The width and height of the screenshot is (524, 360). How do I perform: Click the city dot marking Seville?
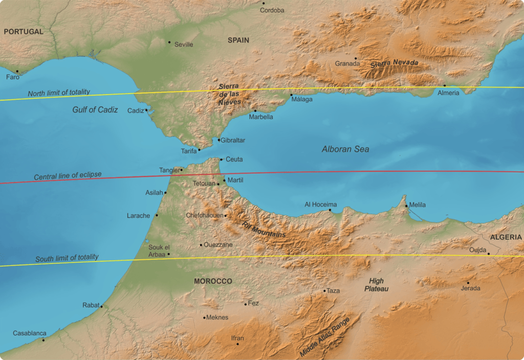coord(169,42)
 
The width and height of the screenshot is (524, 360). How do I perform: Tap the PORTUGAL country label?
coord(24,32)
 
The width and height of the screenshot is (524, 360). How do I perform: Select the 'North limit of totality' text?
coord(59,93)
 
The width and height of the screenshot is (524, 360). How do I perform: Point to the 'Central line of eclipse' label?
coord(68,175)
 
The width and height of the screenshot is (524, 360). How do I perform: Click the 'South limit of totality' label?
coord(67,258)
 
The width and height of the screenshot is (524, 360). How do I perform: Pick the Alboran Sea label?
coord(345,149)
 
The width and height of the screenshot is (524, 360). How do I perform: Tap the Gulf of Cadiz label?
coord(95,109)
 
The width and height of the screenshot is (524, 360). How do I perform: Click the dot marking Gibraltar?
coord(219,140)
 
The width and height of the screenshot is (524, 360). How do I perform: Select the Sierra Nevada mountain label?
coord(394,63)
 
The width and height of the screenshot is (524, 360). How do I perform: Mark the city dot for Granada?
coord(356,58)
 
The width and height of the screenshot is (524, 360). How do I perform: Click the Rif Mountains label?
coord(264,230)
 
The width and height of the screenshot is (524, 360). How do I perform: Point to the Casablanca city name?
coord(29,333)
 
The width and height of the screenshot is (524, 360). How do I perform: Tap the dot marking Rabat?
coord(101,306)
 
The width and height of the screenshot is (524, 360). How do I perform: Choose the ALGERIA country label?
coord(506,237)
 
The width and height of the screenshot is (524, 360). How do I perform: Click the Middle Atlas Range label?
coord(325,336)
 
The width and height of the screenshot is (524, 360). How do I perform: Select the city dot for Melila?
coord(407,206)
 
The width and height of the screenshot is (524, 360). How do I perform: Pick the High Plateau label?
coord(376,285)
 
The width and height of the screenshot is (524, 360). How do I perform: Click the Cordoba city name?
coord(272,10)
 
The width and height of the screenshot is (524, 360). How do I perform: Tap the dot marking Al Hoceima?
coord(330,210)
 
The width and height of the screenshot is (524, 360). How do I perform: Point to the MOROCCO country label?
coord(213,281)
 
